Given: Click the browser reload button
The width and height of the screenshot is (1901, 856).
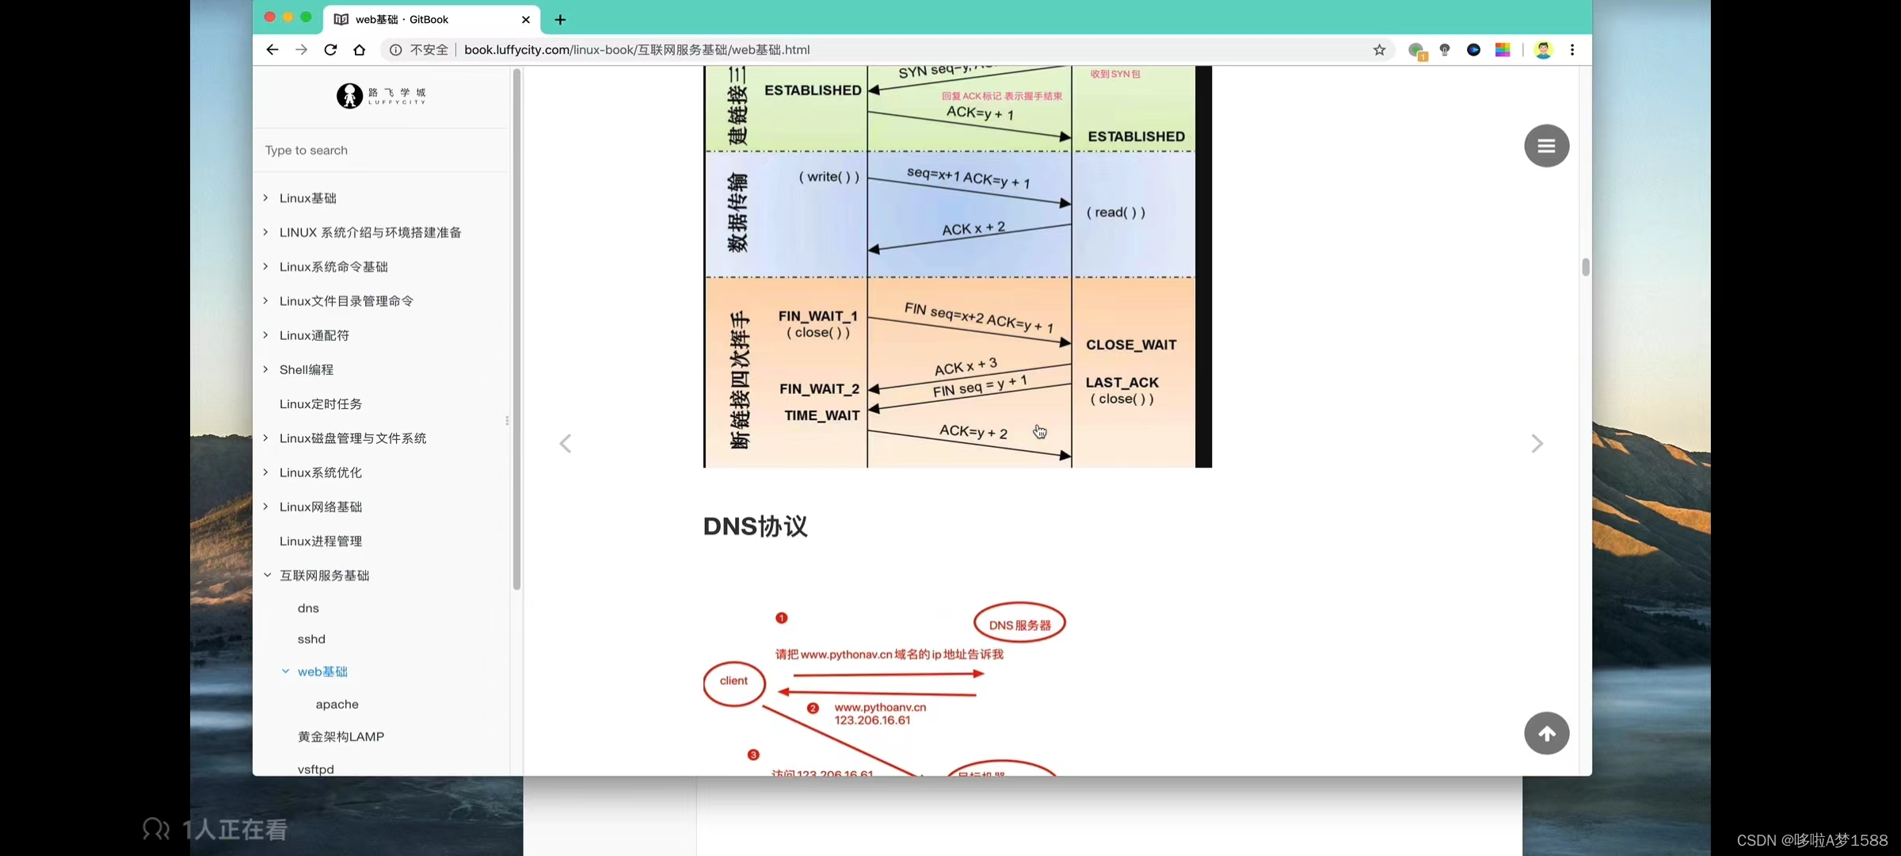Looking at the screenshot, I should click(x=330, y=50).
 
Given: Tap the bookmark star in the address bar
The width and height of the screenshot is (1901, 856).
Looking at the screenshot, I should click(x=1379, y=50).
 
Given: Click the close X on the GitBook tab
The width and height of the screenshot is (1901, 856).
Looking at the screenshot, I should click(x=526, y=20).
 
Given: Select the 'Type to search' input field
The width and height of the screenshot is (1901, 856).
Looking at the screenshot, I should click(x=380, y=151).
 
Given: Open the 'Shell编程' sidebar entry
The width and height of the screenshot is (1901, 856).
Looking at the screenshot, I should click(x=307, y=370).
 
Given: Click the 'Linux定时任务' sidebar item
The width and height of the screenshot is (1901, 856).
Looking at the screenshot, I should click(x=321, y=404).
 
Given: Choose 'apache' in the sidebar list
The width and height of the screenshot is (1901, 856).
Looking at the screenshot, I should click(x=337, y=705).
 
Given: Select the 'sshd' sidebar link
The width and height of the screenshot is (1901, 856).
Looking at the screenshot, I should click(x=311, y=640).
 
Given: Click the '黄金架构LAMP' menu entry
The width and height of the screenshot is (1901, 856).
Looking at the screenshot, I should click(x=341, y=737).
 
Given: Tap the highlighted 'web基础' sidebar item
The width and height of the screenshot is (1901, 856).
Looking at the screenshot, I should click(x=322, y=672).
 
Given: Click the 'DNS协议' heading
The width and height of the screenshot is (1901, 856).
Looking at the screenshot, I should click(x=755, y=526).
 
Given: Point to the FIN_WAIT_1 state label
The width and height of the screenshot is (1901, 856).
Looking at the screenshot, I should click(x=817, y=316).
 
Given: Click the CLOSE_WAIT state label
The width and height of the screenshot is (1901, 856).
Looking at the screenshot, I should click(x=1131, y=346).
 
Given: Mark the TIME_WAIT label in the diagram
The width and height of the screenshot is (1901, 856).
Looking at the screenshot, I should click(x=822, y=416).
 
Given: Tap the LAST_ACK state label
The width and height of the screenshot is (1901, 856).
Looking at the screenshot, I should click(x=1122, y=383).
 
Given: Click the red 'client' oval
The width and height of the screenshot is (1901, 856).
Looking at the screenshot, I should click(x=734, y=682).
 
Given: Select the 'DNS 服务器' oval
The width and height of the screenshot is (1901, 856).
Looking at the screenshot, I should click(x=1019, y=625).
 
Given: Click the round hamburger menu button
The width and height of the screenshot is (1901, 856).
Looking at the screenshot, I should click(x=1546, y=146).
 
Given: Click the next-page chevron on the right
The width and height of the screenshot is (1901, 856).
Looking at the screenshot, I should click(x=1537, y=444).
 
